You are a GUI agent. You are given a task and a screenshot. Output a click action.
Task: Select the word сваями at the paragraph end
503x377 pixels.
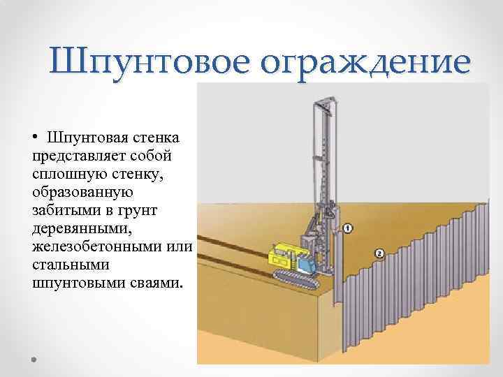[154, 284]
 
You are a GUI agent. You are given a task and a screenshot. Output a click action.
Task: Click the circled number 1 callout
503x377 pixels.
[348, 228]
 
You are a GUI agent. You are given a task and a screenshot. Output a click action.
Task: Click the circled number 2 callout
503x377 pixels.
[379, 252]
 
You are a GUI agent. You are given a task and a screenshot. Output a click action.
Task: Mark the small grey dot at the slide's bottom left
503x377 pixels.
[33, 358]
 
